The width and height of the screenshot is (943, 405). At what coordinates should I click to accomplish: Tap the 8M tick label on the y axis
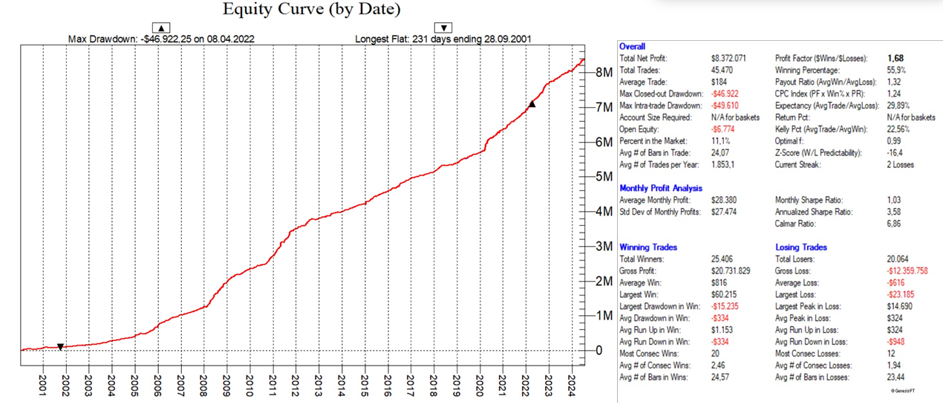(604, 73)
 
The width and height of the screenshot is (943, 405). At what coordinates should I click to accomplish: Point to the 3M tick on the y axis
(604, 247)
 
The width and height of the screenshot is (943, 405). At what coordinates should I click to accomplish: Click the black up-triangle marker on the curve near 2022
(532, 104)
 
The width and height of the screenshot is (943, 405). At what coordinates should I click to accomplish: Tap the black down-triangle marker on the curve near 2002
(61, 347)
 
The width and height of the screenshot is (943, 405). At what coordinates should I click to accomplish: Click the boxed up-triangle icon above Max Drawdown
(161, 28)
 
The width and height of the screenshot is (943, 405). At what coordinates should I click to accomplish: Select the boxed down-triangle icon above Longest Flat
(443, 28)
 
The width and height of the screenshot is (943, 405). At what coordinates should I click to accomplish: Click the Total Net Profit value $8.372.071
(728, 58)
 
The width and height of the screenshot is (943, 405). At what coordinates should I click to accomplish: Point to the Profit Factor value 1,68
(895, 58)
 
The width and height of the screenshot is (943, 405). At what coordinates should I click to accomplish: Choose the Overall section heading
(632, 46)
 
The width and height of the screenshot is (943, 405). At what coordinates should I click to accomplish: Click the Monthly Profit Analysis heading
(660, 188)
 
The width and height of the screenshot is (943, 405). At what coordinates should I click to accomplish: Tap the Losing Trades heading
(800, 247)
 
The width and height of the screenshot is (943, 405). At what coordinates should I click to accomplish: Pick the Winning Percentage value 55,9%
(896, 70)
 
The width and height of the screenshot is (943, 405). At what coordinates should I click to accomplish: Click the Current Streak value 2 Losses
(900, 164)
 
